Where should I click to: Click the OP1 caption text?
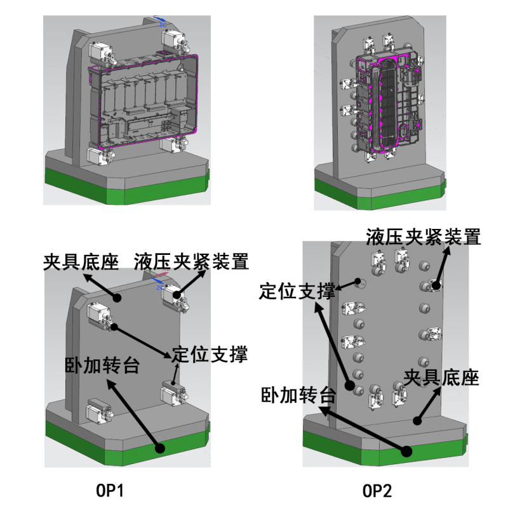(109, 491)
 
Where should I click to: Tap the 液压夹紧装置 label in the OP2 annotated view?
(423, 237)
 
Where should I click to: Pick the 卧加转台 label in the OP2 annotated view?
(298, 396)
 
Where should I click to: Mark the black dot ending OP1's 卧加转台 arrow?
(160, 448)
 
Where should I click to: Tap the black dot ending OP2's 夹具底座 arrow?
(417, 420)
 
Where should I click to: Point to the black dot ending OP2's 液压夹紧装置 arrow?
(436, 285)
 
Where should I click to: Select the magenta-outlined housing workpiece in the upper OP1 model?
(146, 101)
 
